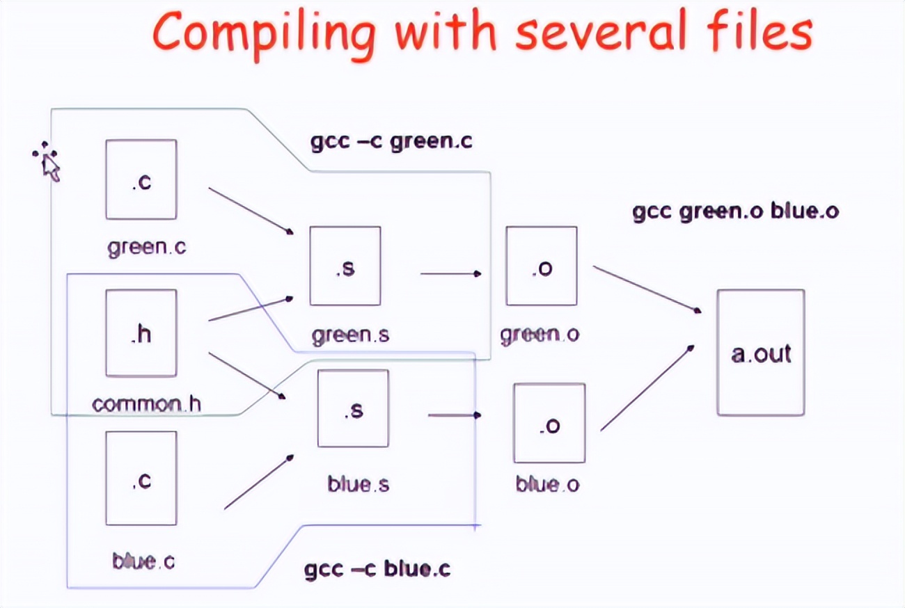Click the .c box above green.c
[x=141, y=179]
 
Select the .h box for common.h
[x=141, y=333]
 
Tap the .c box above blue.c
[x=141, y=478]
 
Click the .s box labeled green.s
[x=345, y=266]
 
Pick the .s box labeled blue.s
[x=353, y=408]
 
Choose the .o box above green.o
[x=541, y=266]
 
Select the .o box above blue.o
[x=549, y=422]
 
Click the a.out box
[x=761, y=353]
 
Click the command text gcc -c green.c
[x=391, y=142]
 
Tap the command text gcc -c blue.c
[x=377, y=569]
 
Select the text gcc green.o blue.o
[x=735, y=211]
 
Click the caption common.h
[x=146, y=403]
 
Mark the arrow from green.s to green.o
[x=450, y=273]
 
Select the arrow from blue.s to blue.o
[x=454, y=415]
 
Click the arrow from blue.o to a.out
[x=647, y=387]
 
